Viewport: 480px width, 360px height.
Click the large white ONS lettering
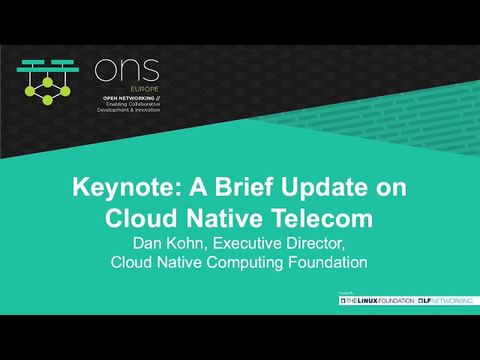click(x=127, y=70)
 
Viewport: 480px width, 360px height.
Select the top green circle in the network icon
click(x=47, y=81)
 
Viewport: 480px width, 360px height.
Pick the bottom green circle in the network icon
click(x=47, y=100)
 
